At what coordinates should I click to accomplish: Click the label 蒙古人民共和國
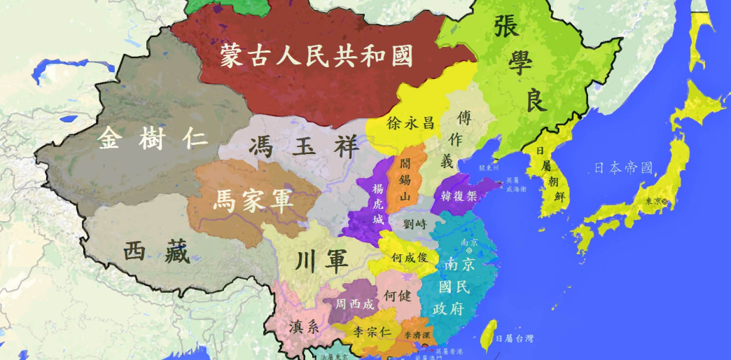[316, 55]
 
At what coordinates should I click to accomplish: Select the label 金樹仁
[153, 138]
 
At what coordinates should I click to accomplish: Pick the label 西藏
[156, 251]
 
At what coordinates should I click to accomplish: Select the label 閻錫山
[405, 179]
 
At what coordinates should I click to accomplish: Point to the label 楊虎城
[378, 204]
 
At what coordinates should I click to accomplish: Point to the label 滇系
[304, 326]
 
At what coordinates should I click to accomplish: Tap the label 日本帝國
[622, 167]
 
